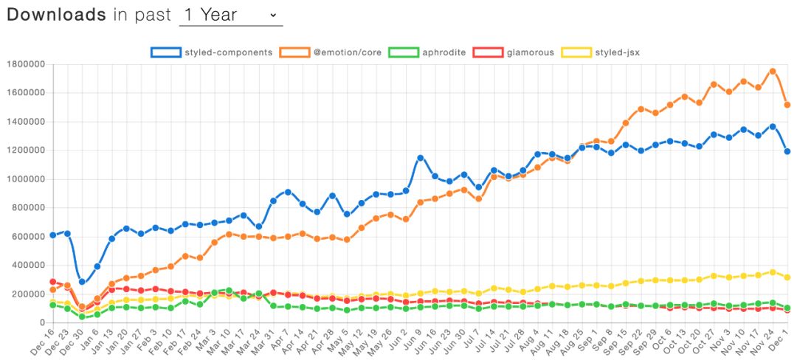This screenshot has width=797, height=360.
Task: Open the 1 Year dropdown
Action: coord(231,15)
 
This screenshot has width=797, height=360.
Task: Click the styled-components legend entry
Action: coord(212,52)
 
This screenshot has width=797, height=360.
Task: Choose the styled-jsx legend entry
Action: coord(601,52)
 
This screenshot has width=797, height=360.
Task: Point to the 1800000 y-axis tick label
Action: coord(24,64)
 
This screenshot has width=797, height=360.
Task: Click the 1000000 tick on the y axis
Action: coord(24,179)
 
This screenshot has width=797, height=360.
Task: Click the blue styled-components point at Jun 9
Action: coord(421,158)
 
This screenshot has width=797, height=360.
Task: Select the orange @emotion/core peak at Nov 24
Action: coord(773,72)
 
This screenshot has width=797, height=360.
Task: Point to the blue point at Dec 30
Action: coord(82,282)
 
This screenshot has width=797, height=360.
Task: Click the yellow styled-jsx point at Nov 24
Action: coord(773,272)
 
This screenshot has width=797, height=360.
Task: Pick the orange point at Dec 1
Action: coord(787,105)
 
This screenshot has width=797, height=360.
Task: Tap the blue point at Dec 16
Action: coord(52,235)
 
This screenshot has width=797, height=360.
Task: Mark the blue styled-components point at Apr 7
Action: coord(288,192)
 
